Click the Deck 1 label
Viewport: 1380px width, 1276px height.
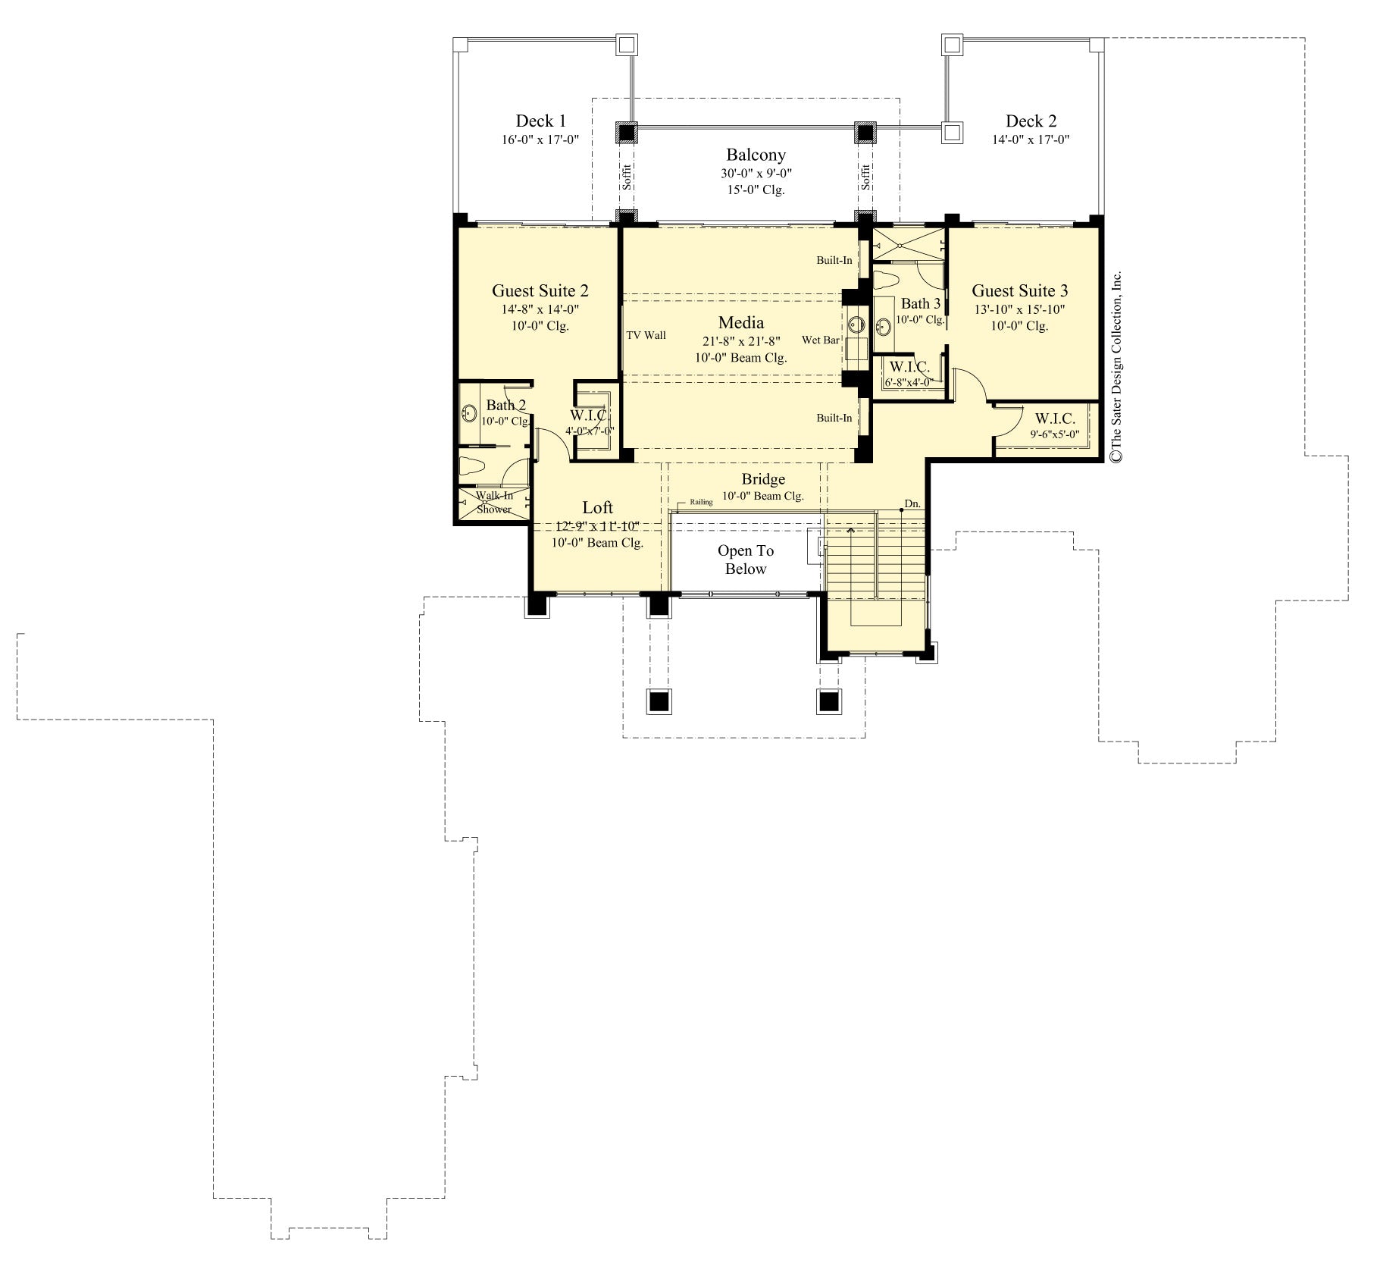[x=540, y=121]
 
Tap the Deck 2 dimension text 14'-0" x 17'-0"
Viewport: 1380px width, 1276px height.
[x=1031, y=140]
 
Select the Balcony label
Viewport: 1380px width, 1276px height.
[x=756, y=155]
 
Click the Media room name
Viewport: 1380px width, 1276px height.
[x=740, y=323]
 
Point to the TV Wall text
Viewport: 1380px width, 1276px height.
[x=646, y=335]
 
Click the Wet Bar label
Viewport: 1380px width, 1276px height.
[x=820, y=340]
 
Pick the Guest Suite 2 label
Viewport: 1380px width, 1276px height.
[x=540, y=291]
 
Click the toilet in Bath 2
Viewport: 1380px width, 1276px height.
[x=469, y=466]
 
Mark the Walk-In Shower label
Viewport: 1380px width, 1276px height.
[x=494, y=503]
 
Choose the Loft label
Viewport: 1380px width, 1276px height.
[x=597, y=508]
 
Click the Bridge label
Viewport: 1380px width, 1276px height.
[x=763, y=479]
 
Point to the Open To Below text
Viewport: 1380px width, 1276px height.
[x=746, y=560]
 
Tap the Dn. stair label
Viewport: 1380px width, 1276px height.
[x=912, y=504]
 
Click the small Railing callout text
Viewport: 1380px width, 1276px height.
[x=701, y=502]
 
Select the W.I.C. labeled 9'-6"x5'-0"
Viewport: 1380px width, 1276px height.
[x=1054, y=419]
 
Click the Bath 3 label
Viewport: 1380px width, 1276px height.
[x=920, y=304]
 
